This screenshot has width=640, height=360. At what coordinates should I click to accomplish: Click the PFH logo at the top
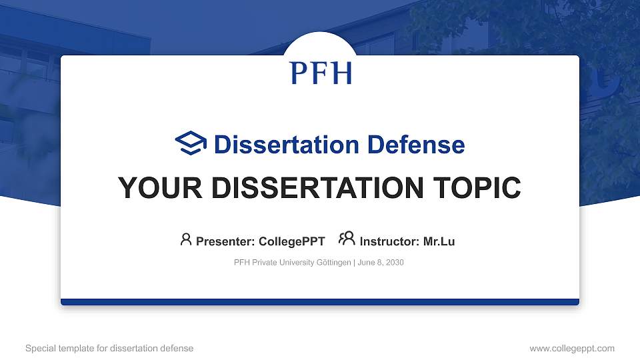[x=321, y=73]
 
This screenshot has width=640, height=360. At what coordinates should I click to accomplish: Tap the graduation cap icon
[x=191, y=144]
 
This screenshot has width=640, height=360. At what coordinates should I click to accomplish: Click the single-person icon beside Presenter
[x=186, y=239]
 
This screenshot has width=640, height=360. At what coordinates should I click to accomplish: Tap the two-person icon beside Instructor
[x=347, y=239]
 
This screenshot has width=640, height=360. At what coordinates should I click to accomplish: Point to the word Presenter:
[x=225, y=241]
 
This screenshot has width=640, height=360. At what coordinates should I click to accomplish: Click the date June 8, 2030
[x=381, y=263]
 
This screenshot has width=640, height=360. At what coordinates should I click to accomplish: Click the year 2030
[x=395, y=263]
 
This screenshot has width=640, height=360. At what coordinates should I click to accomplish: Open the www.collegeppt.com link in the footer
[x=571, y=349]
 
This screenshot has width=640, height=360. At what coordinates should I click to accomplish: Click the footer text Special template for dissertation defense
[x=109, y=349]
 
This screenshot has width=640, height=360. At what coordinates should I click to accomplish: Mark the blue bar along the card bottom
[x=320, y=302]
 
